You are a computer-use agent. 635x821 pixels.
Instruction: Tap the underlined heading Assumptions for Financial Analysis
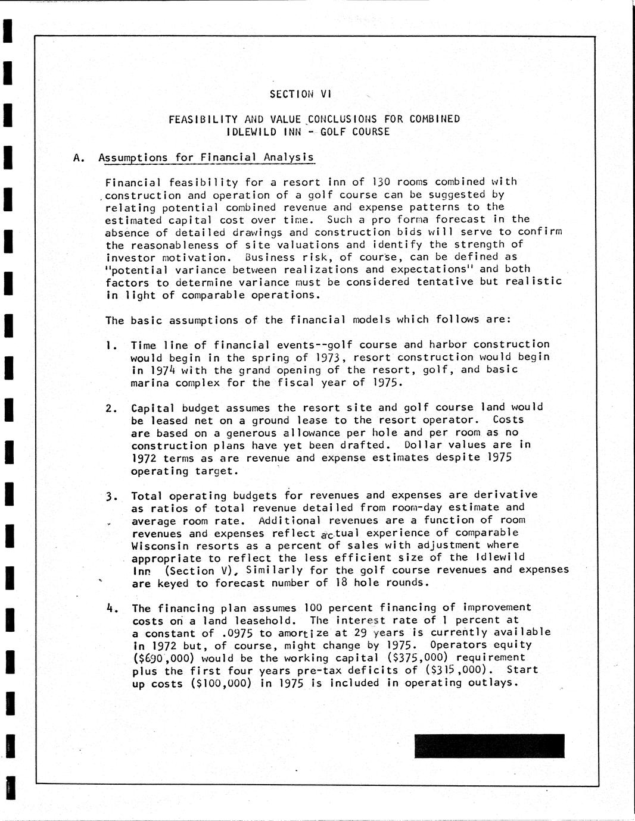[x=206, y=158]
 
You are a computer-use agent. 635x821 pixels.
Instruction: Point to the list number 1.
[x=109, y=344]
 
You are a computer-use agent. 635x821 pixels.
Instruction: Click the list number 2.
[x=110, y=408]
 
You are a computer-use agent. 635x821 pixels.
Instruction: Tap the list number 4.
[x=110, y=608]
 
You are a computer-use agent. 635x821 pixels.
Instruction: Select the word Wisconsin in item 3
[x=160, y=546]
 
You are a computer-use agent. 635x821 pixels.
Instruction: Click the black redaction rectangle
[x=489, y=746]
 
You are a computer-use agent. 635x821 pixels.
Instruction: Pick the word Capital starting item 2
[x=153, y=408]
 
